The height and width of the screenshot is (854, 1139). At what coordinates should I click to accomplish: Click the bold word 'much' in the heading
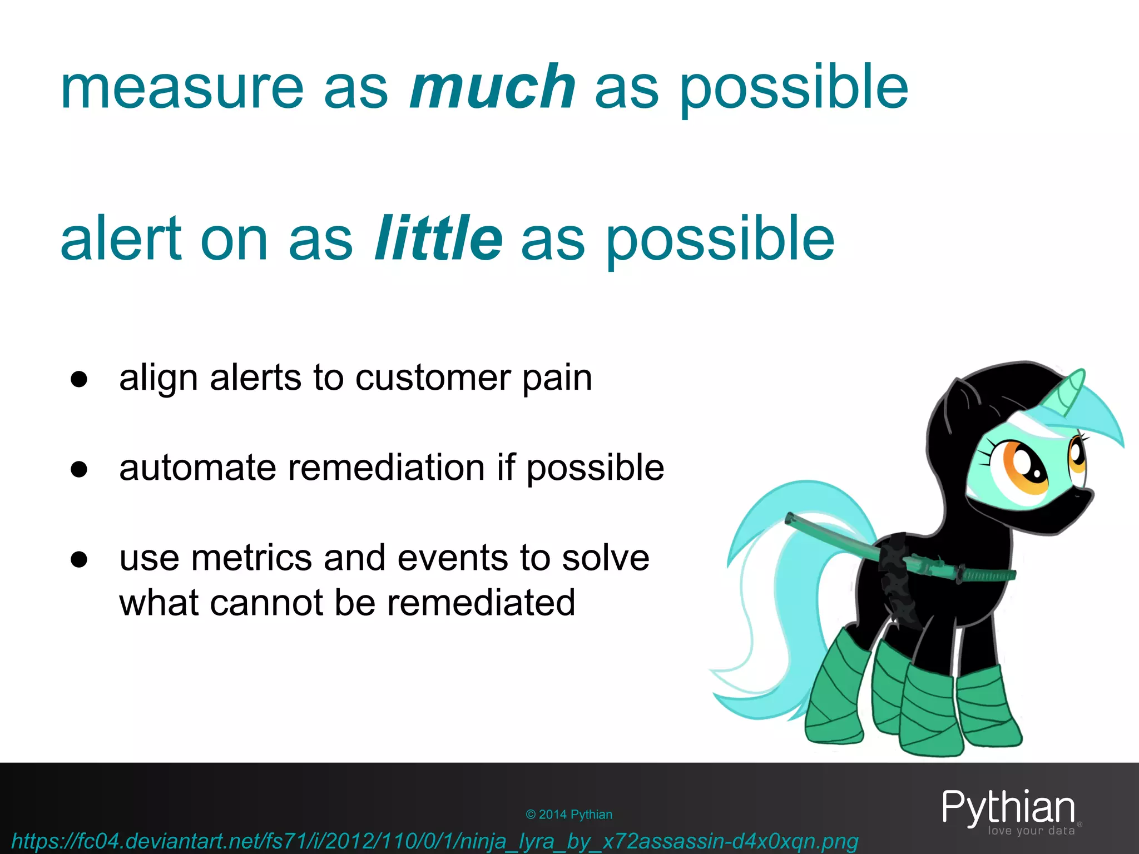click(x=492, y=87)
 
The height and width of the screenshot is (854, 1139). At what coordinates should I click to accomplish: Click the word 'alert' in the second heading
click(x=120, y=239)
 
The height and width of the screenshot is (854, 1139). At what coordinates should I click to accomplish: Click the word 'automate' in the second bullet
click(x=197, y=468)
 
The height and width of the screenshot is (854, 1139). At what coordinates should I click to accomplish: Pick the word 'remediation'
click(x=386, y=468)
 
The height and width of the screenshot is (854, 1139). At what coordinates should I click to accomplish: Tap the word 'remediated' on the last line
click(x=481, y=603)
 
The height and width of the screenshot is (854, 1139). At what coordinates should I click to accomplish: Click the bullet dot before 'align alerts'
click(x=79, y=380)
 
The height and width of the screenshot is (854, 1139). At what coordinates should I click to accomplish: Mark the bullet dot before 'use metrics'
click(x=79, y=560)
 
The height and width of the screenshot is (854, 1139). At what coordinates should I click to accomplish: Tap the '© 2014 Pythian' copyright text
click(x=568, y=815)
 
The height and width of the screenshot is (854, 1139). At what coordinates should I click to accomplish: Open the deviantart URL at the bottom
click(x=434, y=841)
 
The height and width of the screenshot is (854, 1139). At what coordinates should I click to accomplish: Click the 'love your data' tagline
click(x=1031, y=831)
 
